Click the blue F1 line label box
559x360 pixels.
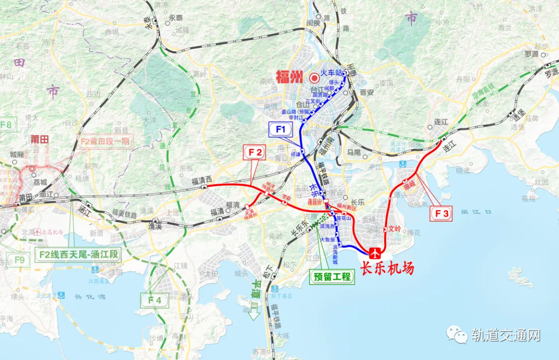[281, 130]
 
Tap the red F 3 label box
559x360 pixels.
[441, 213]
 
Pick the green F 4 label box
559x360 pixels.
[155, 299]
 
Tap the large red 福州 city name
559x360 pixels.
[289, 78]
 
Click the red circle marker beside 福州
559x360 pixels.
[314, 78]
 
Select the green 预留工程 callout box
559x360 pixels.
[332, 277]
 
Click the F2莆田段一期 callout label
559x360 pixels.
[106, 141]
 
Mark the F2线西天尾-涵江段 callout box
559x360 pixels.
[78, 254]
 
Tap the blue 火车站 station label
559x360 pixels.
[332, 73]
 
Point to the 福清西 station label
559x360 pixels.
[202, 181]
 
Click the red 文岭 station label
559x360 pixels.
[395, 228]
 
